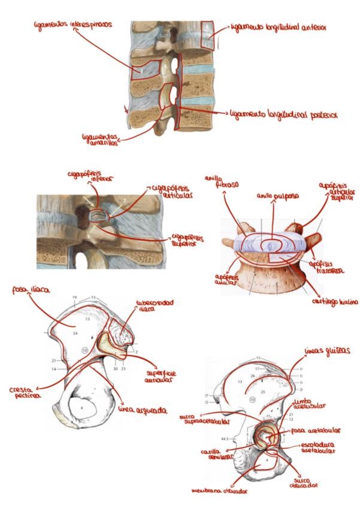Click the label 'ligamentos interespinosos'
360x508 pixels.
(x=72, y=26)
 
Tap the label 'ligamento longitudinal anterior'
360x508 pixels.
(x=277, y=28)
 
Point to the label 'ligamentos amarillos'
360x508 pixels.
(x=100, y=140)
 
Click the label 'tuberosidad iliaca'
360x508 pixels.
(x=155, y=306)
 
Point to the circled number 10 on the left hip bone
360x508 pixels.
(x=85, y=349)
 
